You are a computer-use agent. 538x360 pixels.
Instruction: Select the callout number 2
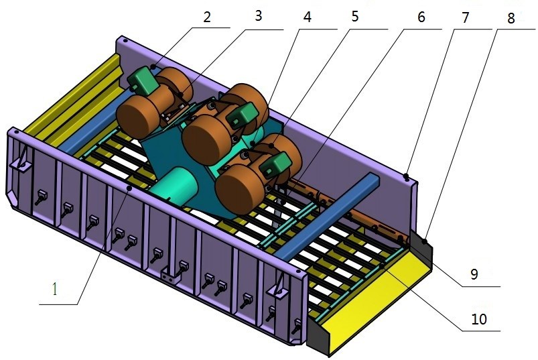tap(207, 17)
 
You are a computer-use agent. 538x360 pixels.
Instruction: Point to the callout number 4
tap(308, 17)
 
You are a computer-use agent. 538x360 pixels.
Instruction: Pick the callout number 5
tap(355, 17)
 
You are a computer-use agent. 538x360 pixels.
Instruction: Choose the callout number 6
tap(421, 17)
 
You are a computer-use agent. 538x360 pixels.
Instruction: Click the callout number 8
tap(511, 18)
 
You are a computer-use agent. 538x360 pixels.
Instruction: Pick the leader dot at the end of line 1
tap(128, 190)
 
